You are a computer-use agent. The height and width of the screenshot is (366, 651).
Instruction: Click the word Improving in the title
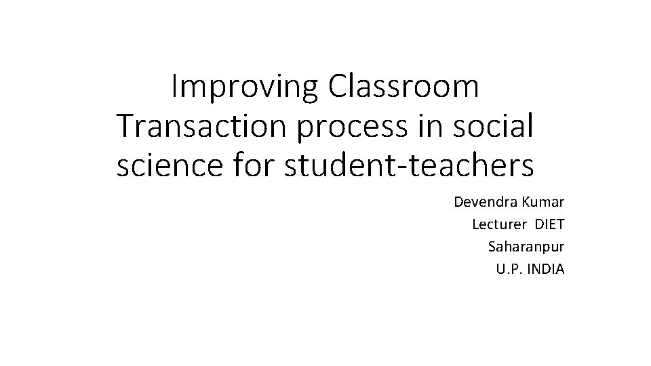[244, 88]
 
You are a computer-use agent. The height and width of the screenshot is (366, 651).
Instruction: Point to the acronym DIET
[550, 224]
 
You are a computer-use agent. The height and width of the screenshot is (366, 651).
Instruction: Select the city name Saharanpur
[526, 247]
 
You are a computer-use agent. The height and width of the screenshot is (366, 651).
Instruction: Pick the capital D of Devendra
[458, 203]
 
